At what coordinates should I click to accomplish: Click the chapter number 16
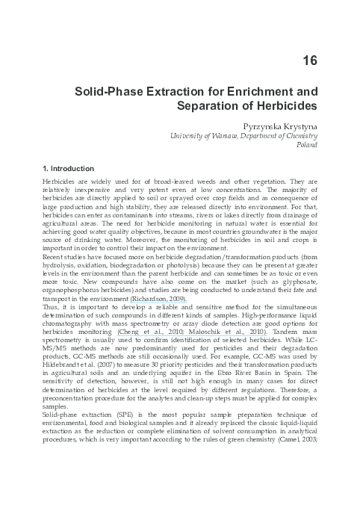311,61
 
